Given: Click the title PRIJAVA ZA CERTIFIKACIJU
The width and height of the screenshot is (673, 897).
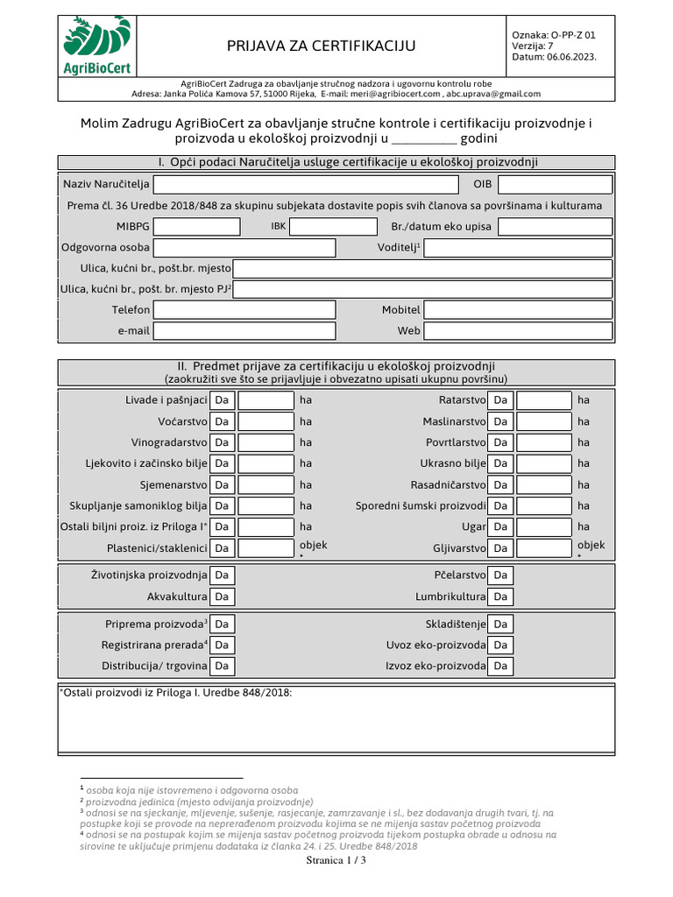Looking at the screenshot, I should pyautogui.click(x=322, y=46).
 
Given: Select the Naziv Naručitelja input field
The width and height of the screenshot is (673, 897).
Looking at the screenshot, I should pyautogui.click(x=307, y=185).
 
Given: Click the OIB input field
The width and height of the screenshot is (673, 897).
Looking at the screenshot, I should pyautogui.click(x=555, y=185).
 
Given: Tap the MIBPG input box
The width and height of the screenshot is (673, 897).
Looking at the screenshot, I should pyautogui.click(x=197, y=227).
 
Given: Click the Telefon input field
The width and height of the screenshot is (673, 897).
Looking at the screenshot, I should pyautogui.click(x=244, y=310).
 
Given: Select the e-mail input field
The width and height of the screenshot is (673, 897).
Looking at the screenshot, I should pyautogui.click(x=244, y=331).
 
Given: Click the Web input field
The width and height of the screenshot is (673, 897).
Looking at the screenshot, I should pyautogui.click(x=517, y=331).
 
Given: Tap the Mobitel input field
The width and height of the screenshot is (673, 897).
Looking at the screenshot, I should pyautogui.click(x=517, y=310).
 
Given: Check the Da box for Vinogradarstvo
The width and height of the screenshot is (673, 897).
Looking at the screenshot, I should pyautogui.click(x=223, y=442).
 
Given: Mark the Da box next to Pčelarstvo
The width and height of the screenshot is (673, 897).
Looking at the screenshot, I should pyautogui.click(x=500, y=576).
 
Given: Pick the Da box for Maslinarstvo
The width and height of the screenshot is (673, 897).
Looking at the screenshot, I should pyautogui.click(x=500, y=421).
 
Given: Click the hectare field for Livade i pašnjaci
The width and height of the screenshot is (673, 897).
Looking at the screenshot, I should pyautogui.click(x=266, y=400).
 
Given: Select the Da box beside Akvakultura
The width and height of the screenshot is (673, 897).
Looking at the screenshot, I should pyautogui.click(x=223, y=597).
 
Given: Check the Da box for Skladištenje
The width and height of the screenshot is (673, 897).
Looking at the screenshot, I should pyautogui.click(x=500, y=625).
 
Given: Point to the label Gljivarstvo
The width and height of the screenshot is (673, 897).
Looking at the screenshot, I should pyautogui.click(x=458, y=548).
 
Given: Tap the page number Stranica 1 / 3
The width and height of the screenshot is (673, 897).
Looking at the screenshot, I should pyautogui.click(x=336, y=861).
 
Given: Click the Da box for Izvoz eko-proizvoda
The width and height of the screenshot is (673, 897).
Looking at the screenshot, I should pyautogui.click(x=500, y=667).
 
